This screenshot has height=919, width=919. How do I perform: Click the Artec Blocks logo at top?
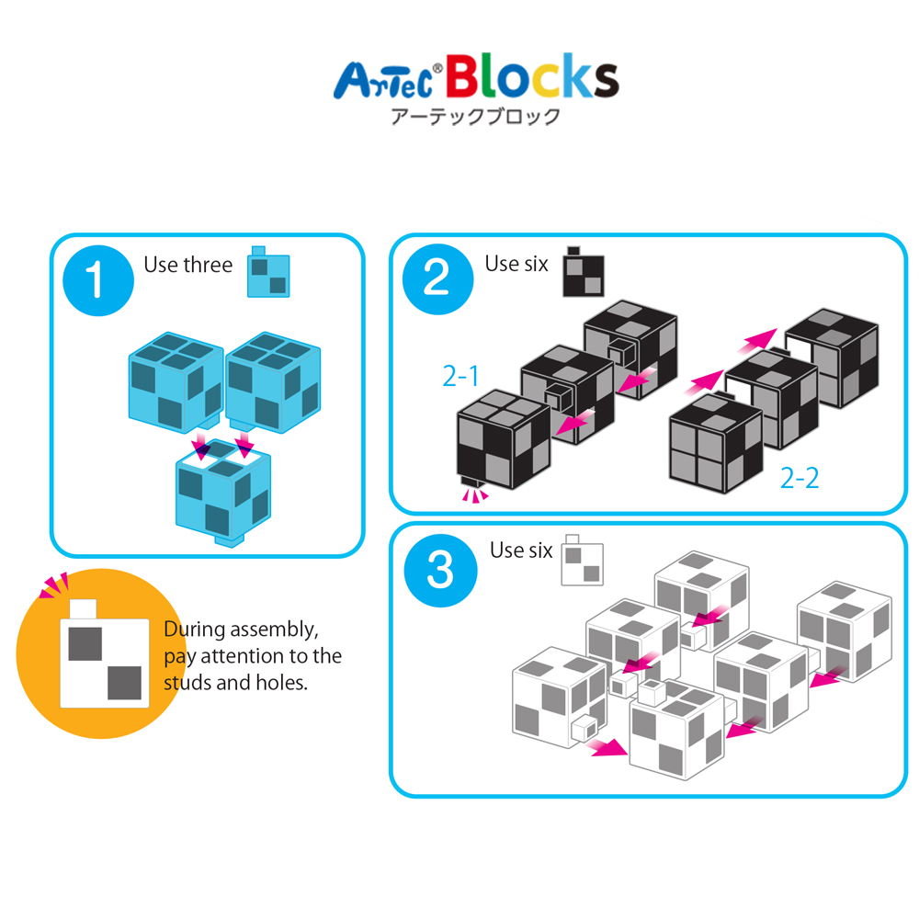click(x=475, y=79)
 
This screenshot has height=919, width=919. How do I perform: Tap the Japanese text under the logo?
click(x=475, y=118)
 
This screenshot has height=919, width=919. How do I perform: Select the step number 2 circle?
click(x=437, y=279)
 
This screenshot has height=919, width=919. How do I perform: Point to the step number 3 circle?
click(x=440, y=571)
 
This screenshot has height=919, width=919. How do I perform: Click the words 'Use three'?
click(x=187, y=266)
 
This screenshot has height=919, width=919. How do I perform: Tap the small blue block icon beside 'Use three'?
click(x=268, y=273)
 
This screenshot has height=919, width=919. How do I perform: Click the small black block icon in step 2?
click(x=584, y=273)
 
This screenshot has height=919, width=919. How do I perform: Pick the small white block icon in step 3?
click(x=582, y=562)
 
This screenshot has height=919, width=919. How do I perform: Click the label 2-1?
click(x=461, y=376)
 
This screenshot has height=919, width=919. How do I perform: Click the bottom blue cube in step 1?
click(x=223, y=496)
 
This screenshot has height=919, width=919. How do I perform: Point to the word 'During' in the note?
click(x=194, y=630)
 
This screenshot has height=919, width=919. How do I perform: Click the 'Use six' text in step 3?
click(x=521, y=550)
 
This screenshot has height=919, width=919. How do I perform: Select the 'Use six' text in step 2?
click(x=516, y=264)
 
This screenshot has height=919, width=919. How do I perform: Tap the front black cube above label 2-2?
click(x=716, y=445)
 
